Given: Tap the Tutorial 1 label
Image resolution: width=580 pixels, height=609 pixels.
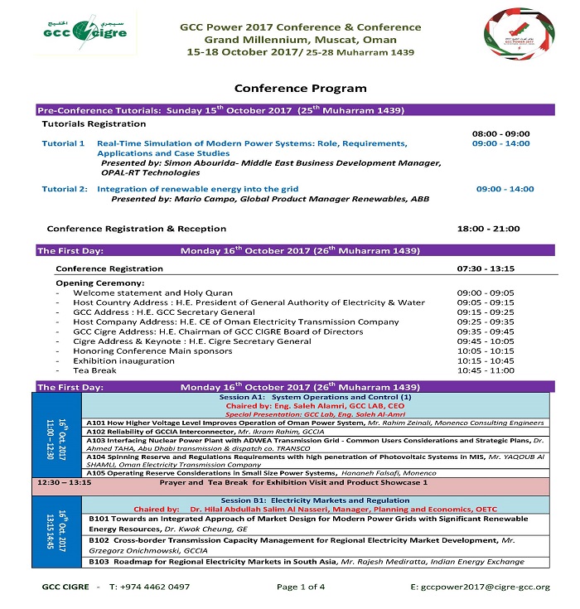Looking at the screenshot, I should (x=64, y=143).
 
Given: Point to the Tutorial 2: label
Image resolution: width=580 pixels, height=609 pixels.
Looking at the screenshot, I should (x=65, y=189).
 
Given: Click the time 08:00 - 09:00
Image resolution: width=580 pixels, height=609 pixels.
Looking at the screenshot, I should (x=501, y=133).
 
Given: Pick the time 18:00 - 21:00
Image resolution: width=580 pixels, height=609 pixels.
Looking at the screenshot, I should (x=489, y=228).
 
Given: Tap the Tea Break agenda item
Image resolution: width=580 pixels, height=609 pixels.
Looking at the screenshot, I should (x=95, y=370).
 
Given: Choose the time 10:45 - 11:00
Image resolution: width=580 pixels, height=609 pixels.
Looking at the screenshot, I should (x=486, y=370).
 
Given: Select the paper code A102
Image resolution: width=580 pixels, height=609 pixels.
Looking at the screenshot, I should (x=95, y=432).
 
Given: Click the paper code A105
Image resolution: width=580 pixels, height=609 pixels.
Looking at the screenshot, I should (x=95, y=473).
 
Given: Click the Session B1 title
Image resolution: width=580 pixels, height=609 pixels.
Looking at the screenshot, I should (x=314, y=501).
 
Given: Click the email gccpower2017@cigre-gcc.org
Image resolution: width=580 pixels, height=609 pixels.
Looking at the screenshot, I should (x=481, y=587).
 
